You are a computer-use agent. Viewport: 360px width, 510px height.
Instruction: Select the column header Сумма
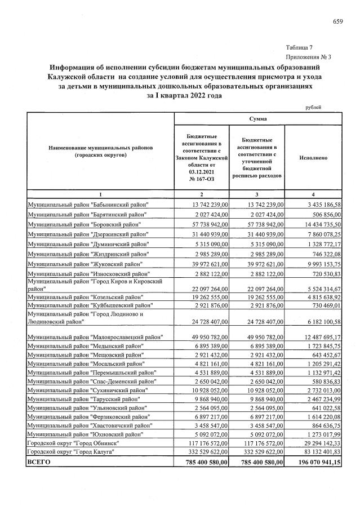(x=250, y=119)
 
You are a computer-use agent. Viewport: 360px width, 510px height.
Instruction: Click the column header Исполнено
(x=314, y=158)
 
